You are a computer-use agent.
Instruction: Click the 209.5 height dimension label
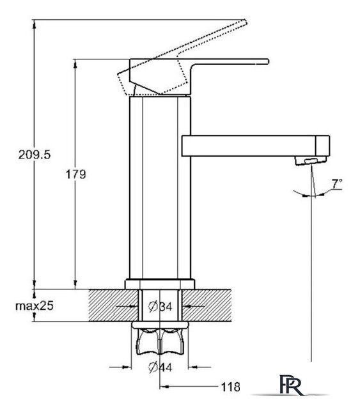[x=34, y=155]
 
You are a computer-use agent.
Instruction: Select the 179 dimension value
[x=75, y=174]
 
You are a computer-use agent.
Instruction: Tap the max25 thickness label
[x=34, y=305]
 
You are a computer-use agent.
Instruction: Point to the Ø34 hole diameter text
[x=160, y=307]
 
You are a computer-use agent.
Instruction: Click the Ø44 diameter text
[x=160, y=367]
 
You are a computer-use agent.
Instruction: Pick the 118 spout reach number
[x=231, y=387]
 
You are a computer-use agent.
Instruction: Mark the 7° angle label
[x=337, y=183]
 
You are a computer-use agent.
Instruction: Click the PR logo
[x=291, y=385]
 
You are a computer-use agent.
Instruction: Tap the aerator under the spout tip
[x=311, y=160]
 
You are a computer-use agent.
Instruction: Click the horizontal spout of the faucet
[x=256, y=146]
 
